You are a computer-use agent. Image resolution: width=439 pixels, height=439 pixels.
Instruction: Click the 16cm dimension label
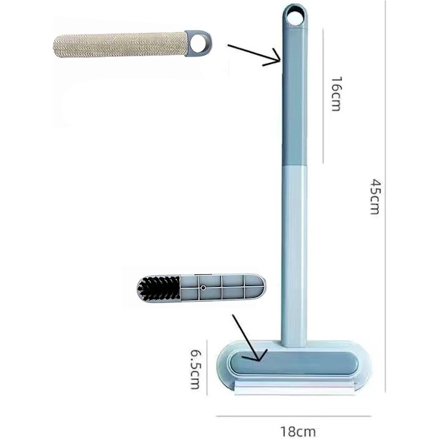[336, 94]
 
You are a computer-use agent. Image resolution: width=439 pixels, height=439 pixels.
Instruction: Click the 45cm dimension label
[375, 197]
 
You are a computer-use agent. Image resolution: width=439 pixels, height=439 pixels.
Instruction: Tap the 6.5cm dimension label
[195, 369]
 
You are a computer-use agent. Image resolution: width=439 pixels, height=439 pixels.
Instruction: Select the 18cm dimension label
[298, 432]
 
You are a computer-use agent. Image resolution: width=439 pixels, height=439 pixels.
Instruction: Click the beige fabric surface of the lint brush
[120, 45]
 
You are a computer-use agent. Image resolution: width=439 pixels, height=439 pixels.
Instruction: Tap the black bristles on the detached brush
[159, 289]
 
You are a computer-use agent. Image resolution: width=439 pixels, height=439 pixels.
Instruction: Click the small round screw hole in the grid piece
[203, 288]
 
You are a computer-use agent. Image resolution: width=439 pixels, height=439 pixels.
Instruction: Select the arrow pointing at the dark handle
[254, 55]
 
